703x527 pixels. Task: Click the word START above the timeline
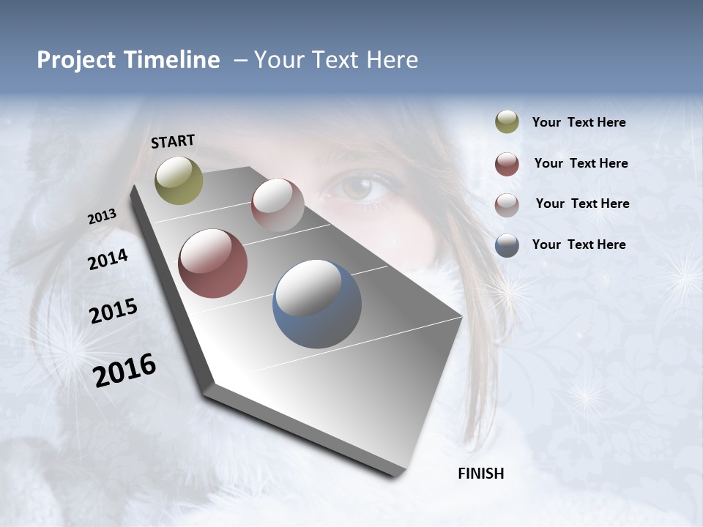click(x=173, y=141)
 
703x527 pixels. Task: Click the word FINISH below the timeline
click(x=481, y=474)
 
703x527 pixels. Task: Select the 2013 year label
click(x=103, y=217)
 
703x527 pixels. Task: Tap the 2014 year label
click(x=108, y=260)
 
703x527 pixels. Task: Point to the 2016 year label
click(x=124, y=370)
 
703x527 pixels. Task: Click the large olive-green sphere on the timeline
click(x=179, y=180)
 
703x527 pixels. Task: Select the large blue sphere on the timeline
click(x=317, y=304)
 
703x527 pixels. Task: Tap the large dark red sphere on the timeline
click(x=213, y=263)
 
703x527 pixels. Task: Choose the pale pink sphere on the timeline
click(x=278, y=205)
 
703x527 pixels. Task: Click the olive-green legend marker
click(x=507, y=122)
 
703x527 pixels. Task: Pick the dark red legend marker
click(x=507, y=164)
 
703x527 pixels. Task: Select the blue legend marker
click(x=507, y=245)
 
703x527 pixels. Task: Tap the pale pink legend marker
click(x=507, y=204)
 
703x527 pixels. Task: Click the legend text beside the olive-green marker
click(x=579, y=123)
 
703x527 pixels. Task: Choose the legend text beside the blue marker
click(x=579, y=244)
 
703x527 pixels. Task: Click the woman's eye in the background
click(x=359, y=187)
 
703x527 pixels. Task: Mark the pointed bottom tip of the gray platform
click(x=399, y=474)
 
